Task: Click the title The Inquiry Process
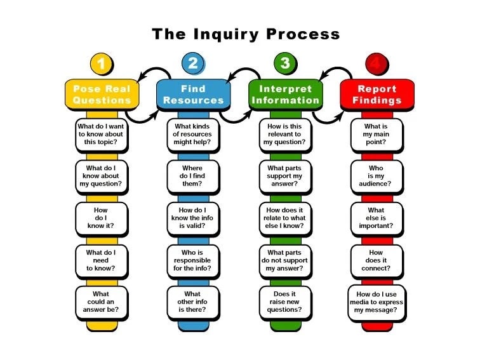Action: pos(245,33)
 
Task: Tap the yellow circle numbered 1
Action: pos(101,63)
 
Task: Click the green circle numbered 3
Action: pos(285,63)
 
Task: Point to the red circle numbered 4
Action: pos(377,63)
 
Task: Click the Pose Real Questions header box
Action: pos(102,94)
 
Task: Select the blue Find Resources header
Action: pos(193,94)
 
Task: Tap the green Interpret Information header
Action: pos(285,94)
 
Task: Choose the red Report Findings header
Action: pos(377,94)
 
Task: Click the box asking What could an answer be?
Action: pos(101,302)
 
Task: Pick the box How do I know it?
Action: pos(101,218)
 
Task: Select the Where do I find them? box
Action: pos(193,176)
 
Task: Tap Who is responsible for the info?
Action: pos(193,260)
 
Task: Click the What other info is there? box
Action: pos(193,302)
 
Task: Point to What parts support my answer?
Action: pos(285,176)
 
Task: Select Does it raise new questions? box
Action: pos(285,302)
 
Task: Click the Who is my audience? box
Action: pos(377,176)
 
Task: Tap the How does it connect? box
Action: pos(377,260)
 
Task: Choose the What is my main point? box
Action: pos(377,134)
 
